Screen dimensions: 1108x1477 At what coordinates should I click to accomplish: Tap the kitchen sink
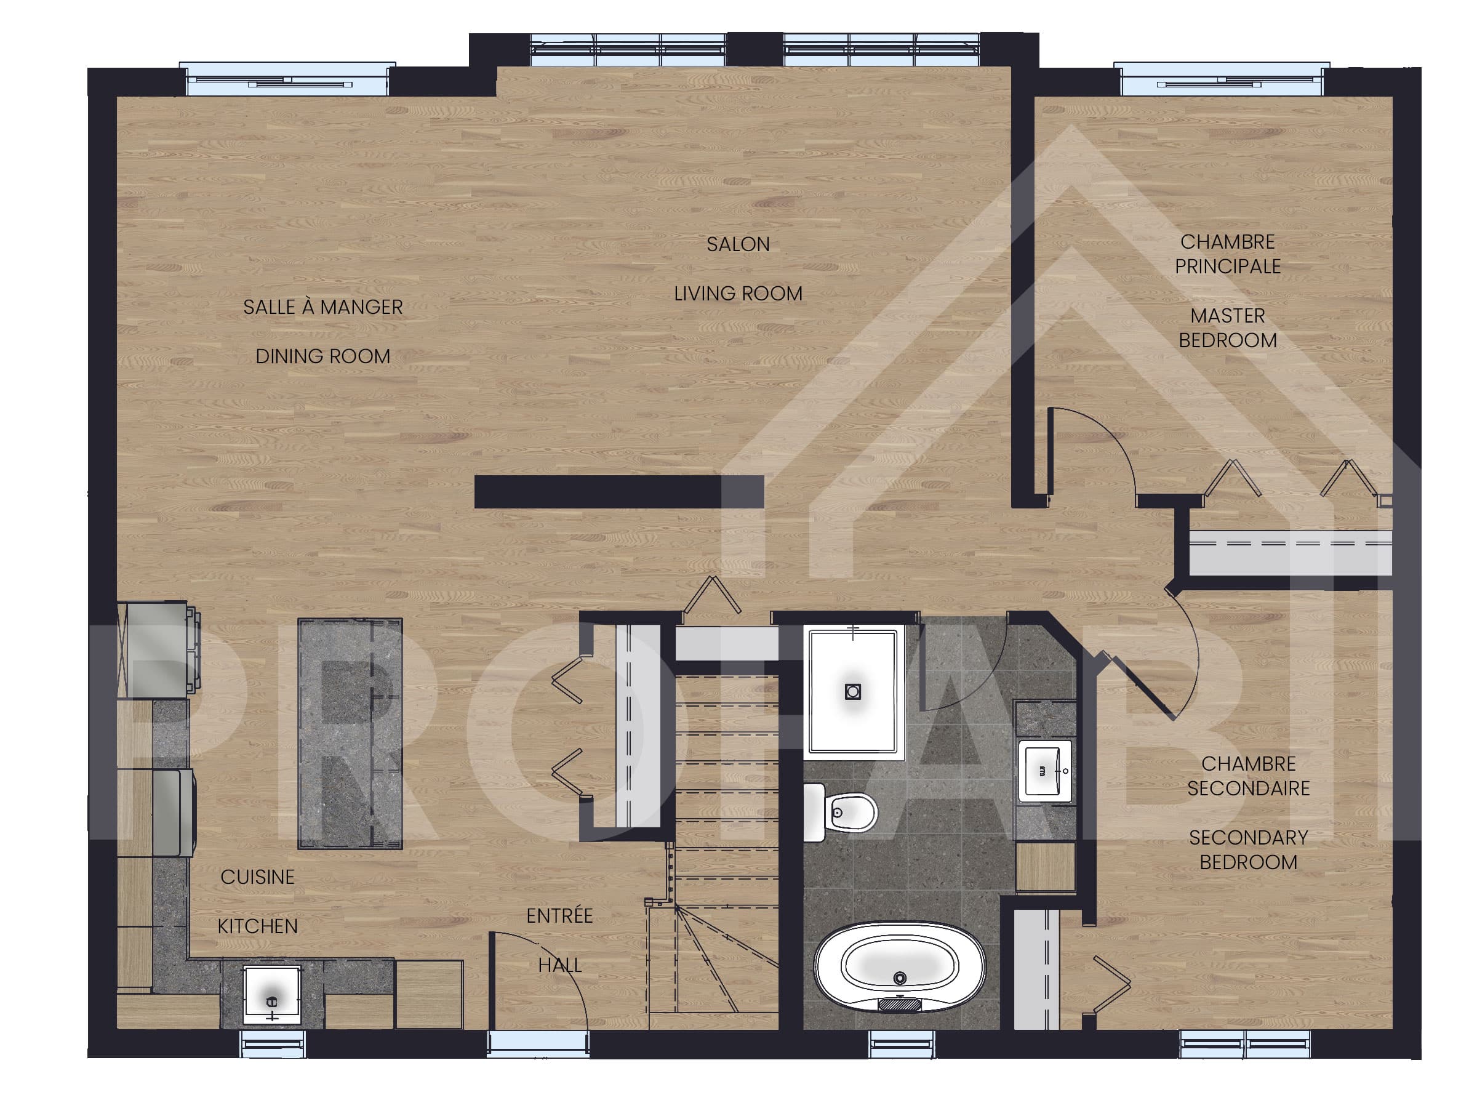[x=271, y=995]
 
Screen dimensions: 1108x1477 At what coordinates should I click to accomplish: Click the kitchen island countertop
[x=350, y=734]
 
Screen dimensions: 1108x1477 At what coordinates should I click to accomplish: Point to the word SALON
[x=738, y=244]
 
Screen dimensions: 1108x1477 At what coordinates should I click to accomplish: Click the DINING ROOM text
[x=322, y=356]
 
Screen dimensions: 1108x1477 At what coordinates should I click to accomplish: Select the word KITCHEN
[x=258, y=926]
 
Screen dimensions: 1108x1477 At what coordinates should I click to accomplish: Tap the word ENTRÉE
[x=559, y=916]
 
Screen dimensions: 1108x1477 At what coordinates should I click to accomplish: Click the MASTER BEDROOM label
[x=1227, y=328]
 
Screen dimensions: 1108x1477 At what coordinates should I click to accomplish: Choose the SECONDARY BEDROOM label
[x=1248, y=849]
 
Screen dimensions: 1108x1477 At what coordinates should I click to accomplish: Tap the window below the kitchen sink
[x=273, y=1044]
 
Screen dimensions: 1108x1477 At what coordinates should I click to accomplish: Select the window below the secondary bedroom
[x=1244, y=1044]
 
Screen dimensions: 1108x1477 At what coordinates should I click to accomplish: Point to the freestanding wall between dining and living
[x=618, y=492]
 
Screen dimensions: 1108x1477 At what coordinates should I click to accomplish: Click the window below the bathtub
[x=901, y=1044]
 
